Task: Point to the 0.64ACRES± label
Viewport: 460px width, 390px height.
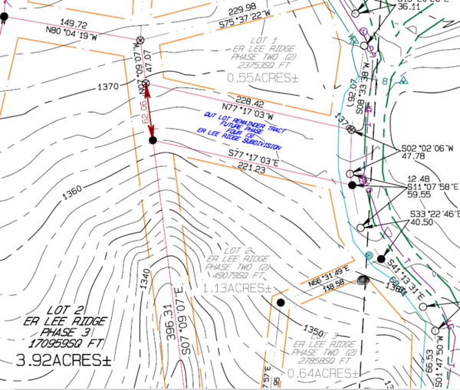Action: (x=320, y=373)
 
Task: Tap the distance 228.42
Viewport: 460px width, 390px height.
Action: (x=248, y=103)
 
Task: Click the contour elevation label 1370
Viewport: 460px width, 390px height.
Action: (x=108, y=87)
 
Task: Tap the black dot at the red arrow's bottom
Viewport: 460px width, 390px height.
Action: (x=153, y=140)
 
